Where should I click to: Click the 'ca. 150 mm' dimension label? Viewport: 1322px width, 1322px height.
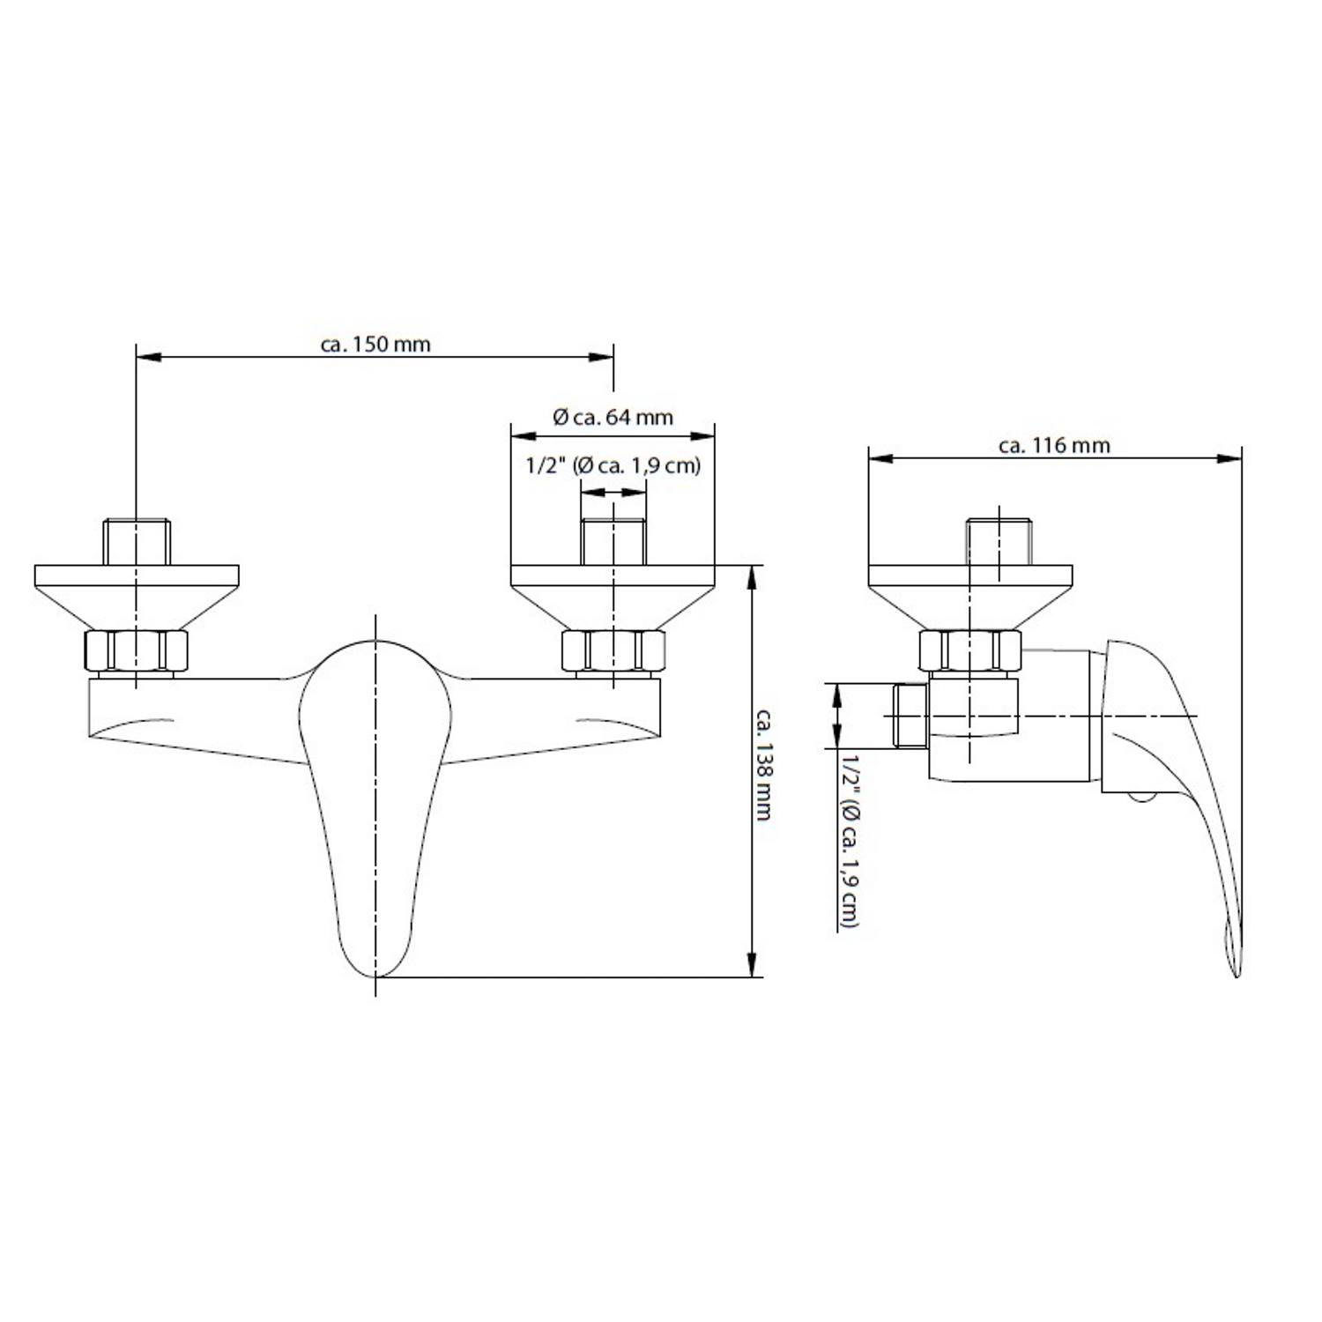click(375, 344)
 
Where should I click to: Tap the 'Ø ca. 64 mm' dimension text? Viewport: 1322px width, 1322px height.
click(613, 417)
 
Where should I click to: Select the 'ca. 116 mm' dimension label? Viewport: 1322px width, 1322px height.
click(1054, 445)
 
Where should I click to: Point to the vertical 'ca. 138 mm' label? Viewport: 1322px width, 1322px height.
click(763, 764)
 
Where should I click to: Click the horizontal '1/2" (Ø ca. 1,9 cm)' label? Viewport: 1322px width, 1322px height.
click(613, 465)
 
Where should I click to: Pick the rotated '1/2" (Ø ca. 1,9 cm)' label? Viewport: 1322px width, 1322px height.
click(850, 840)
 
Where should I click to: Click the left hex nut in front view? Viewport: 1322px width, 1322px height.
click(136, 651)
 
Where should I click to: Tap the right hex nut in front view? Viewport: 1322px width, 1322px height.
click(613, 651)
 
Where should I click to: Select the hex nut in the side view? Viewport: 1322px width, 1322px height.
click(970, 651)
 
